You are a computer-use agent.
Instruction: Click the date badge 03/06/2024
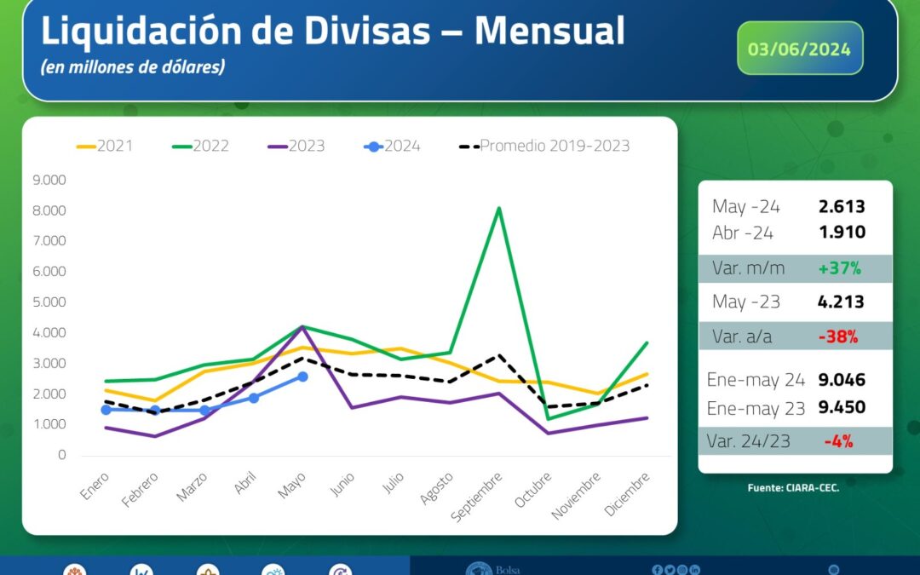pyautogui.click(x=799, y=49)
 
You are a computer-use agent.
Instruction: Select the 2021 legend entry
pyautogui.click(x=104, y=146)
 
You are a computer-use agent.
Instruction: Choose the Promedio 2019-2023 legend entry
pyautogui.click(x=545, y=146)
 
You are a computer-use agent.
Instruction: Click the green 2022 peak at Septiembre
pyautogui.click(x=498, y=208)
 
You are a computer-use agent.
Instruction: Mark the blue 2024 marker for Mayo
pyautogui.click(x=302, y=376)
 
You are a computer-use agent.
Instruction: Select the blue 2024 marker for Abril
pyautogui.click(x=253, y=398)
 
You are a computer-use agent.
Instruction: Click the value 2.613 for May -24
pyautogui.click(x=841, y=206)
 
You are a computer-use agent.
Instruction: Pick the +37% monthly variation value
pyautogui.click(x=839, y=268)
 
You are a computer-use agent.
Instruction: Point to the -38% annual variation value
pyautogui.click(x=837, y=336)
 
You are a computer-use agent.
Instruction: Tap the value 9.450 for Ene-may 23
pyautogui.click(x=841, y=407)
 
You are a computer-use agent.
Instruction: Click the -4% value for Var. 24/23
pyautogui.click(x=838, y=441)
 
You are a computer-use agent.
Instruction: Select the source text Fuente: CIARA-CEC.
pyautogui.click(x=793, y=488)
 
